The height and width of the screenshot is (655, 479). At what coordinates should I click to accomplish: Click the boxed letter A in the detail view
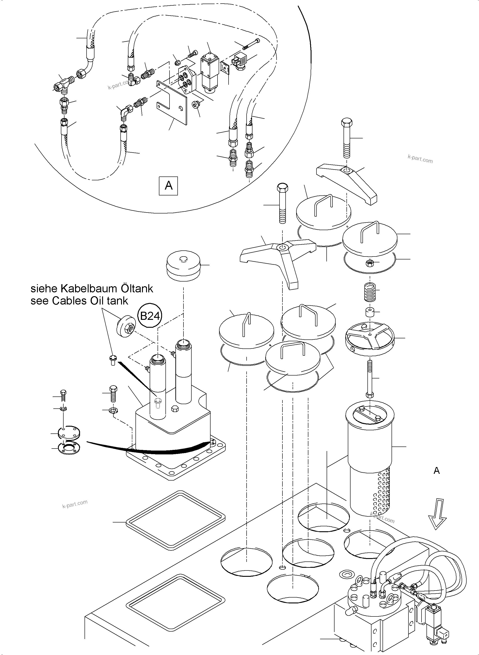click(168, 186)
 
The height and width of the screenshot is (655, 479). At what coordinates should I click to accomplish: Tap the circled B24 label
click(150, 316)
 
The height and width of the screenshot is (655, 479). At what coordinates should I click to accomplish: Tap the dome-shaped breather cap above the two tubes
click(183, 266)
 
